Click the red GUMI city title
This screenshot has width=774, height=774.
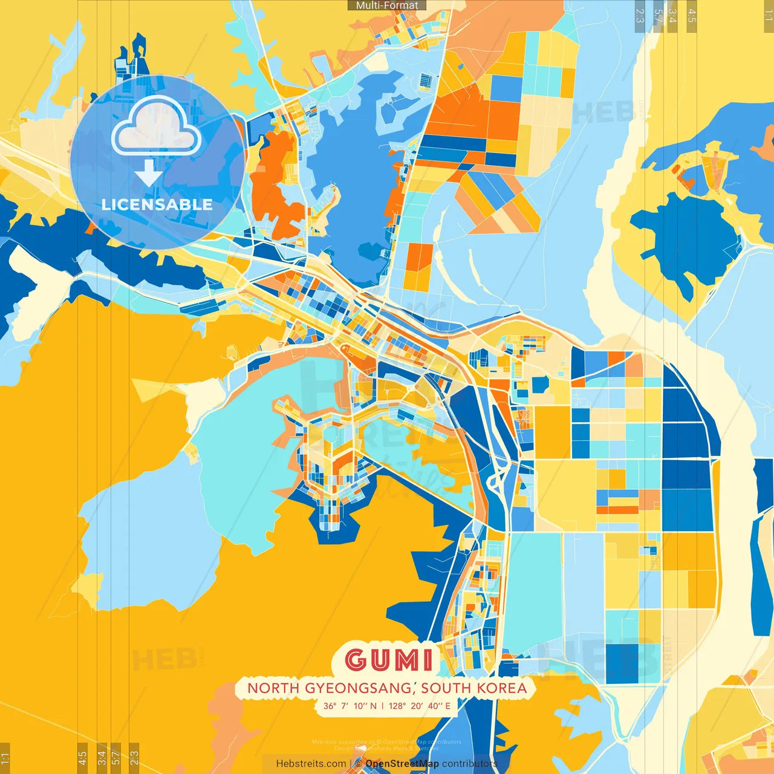[389, 660]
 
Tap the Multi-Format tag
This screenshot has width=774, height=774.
[387, 5]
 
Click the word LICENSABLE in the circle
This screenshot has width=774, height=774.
[157, 204]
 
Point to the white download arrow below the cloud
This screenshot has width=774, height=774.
[148, 173]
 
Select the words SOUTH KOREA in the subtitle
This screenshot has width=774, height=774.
[474, 688]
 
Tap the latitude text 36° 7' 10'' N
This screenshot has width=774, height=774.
[350, 706]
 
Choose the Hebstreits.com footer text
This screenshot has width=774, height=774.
[311, 764]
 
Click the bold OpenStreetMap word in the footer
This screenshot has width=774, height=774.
[402, 764]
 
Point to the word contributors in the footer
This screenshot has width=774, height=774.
[469, 764]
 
